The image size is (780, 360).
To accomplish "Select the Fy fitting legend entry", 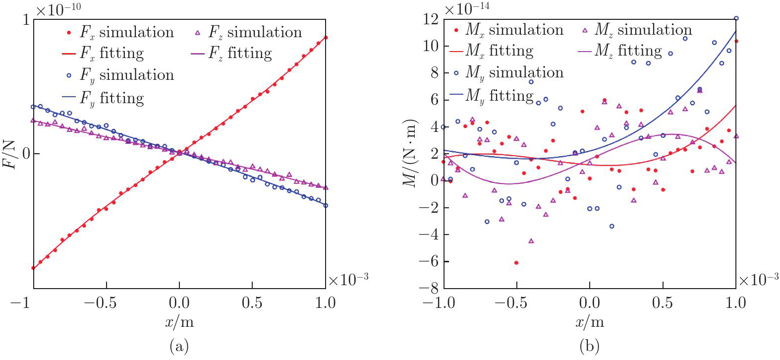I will point(104,98).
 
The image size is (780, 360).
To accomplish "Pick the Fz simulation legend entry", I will point(248,33).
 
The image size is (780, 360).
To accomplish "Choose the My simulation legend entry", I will point(509,73).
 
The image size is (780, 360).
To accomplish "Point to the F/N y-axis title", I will point(10,154).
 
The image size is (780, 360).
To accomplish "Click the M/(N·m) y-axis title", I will point(409,154).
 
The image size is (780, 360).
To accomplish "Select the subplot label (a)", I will point(179,346).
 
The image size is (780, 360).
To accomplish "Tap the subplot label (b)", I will point(589,346).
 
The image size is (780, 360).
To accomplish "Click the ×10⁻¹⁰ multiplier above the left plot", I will point(58,9).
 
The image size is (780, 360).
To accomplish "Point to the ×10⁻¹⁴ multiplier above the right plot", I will point(467,9).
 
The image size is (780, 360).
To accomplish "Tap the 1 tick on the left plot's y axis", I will point(26,20).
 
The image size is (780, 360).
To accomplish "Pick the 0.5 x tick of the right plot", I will point(663,303).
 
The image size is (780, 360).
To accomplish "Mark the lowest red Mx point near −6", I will point(516,263).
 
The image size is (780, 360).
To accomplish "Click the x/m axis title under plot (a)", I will point(179,323).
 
